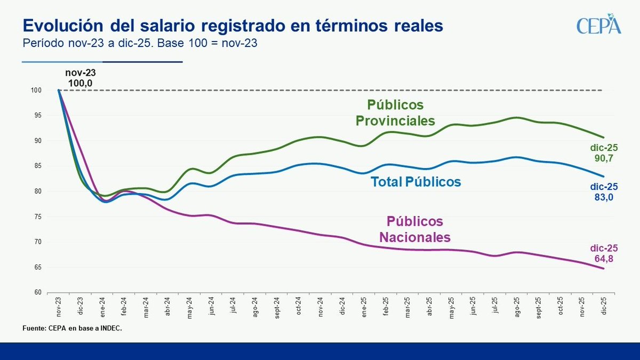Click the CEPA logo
pos(599,26)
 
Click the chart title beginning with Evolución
pos(232,26)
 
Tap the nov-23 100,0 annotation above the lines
pos(81,78)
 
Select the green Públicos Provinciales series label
pos(395,113)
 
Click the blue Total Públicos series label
pos(415,182)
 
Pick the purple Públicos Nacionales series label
pos(415,229)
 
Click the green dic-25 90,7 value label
pos(604,153)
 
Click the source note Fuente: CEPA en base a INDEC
pos(73,329)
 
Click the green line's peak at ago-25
pos(517,117)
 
